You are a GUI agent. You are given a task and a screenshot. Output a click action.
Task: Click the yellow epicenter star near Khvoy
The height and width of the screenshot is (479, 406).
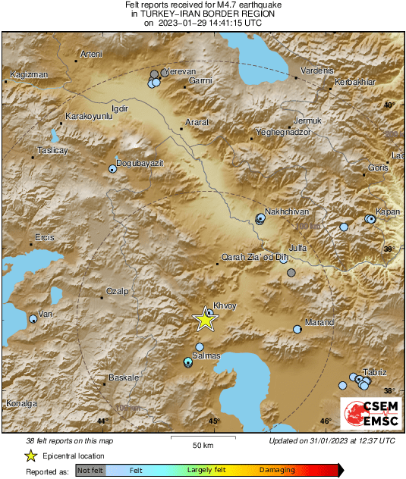205,320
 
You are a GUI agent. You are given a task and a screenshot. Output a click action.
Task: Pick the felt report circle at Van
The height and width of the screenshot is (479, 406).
33,320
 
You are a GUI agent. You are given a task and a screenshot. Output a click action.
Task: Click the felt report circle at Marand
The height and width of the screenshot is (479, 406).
297,329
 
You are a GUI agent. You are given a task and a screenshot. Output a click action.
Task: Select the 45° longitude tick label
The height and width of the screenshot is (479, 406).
214,421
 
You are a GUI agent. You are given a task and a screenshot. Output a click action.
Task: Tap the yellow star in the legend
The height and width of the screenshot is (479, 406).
30,456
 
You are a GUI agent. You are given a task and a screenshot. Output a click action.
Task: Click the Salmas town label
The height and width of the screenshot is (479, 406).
206,356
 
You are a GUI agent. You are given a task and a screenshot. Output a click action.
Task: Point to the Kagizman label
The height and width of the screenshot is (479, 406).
30,74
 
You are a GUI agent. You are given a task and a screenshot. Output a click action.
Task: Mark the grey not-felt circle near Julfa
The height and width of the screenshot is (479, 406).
291,272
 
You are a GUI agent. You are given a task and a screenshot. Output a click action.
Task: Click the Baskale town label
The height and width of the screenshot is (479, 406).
124,377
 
